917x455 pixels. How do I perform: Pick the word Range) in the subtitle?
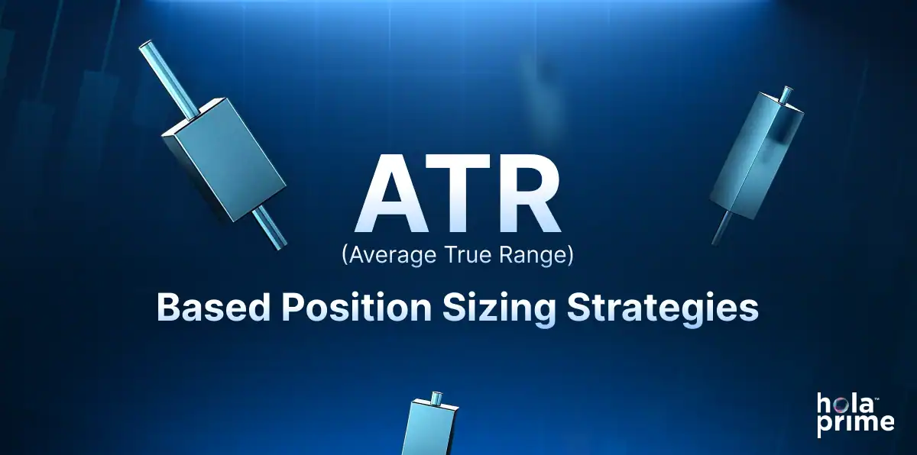pos(537,256)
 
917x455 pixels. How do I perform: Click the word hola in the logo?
pos(844,405)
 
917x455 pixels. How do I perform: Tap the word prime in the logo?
pos(855,423)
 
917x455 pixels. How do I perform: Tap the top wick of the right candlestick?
pos(786,95)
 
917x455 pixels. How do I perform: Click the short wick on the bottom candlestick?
pos(438,398)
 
